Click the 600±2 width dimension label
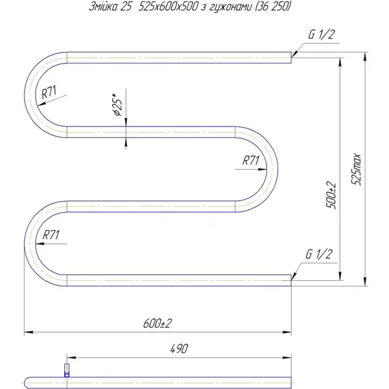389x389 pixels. pyautogui.click(x=158, y=324)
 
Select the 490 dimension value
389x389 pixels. pyautogui.click(x=179, y=349)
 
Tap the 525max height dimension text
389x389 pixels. pyautogui.click(x=356, y=169)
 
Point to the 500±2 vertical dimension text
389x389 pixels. pyautogui.click(x=331, y=195)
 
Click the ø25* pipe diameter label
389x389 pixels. pyautogui.click(x=117, y=105)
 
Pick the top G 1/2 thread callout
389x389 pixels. pyautogui.click(x=322, y=34)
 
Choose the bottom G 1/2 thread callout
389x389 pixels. pyautogui.click(x=319, y=254)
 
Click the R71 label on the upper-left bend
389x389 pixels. pyautogui.click(x=49, y=92)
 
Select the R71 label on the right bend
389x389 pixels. pyautogui.click(x=250, y=160)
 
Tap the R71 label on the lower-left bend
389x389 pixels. pyautogui.click(x=51, y=235)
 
